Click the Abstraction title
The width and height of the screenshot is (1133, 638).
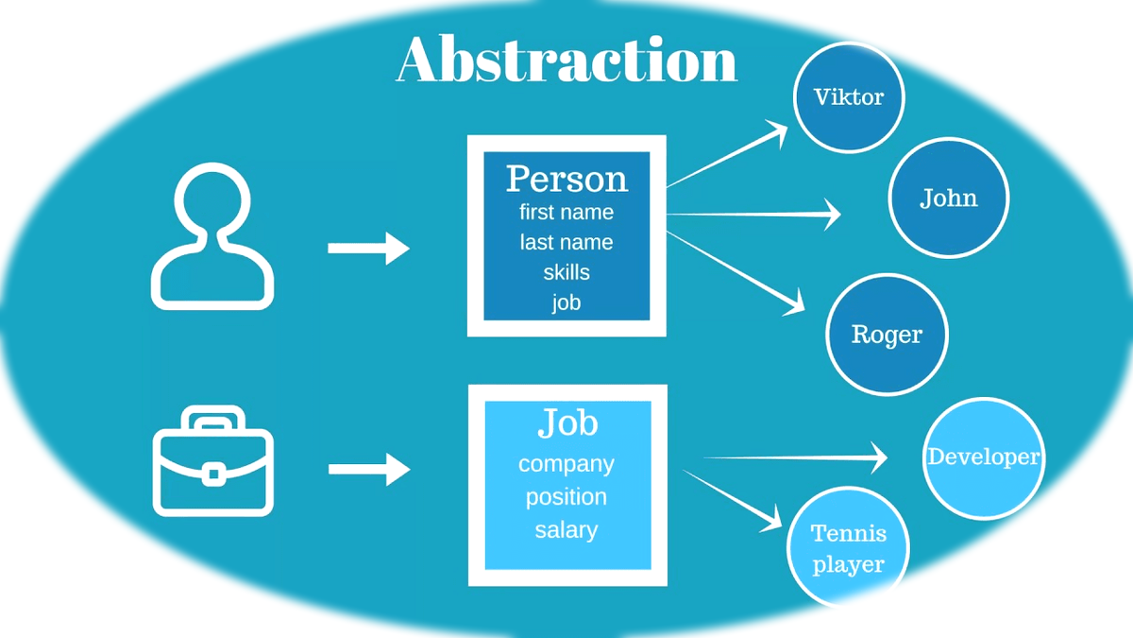[x=566, y=60]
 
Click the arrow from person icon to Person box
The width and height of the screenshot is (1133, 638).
[x=368, y=249]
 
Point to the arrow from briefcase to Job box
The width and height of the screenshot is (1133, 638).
[x=368, y=469]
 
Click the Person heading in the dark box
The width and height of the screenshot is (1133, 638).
[x=566, y=179]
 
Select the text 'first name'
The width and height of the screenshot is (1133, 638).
[x=566, y=213]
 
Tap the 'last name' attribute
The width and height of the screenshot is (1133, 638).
[x=566, y=243]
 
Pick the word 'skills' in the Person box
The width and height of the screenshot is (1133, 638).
[x=566, y=273]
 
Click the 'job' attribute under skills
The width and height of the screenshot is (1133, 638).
[x=566, y=303]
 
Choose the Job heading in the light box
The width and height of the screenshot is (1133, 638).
[x=567, y=423]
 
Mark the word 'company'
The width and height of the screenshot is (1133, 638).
[x=566, y=464]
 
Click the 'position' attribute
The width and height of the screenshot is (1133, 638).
[x=566, y=497]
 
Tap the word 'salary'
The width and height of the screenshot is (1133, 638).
[x=566, y=530]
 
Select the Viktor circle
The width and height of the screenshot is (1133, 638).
[x=849, y=97]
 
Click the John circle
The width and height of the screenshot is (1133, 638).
[x=948, y=198]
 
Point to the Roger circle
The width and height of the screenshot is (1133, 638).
[x=887, y=335]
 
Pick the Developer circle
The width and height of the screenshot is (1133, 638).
[x=983, y=457]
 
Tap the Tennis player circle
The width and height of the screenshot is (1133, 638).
[x=848, y=549]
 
